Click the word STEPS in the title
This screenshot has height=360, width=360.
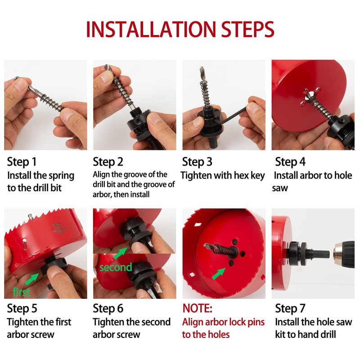pos(248,29)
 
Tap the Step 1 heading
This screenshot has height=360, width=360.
pos(22,162)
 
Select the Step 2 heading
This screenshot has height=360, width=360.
pos(108,162)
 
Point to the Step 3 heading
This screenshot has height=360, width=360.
pos(197,162)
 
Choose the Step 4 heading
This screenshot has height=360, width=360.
pos(290,162)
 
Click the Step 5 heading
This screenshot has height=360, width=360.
pos(22,308)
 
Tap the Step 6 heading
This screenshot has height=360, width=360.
pos(108,308)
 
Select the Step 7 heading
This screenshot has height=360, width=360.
pos(290,308)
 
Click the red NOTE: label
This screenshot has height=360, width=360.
pos(197,308)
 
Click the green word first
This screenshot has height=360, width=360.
pos(21,292)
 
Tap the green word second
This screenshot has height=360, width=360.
pos(116,267)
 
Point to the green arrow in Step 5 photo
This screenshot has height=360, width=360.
pos(32,279)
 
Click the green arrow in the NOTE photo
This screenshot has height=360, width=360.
pos(218,274)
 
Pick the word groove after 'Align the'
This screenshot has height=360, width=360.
pos(136,175)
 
